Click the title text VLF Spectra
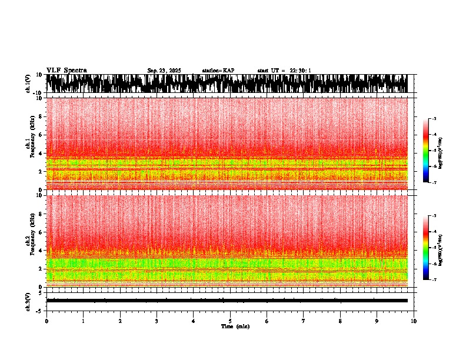coord(66,70)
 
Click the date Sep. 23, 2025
coord(164,71)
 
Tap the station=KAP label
coord(218,71)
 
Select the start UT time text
coord(284,71)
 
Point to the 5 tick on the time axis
coord(230,321)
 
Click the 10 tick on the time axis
coord(414,321)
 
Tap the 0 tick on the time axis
coord(46,321)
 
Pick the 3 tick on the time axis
coord(157,321)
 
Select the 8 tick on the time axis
coord(340,321)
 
